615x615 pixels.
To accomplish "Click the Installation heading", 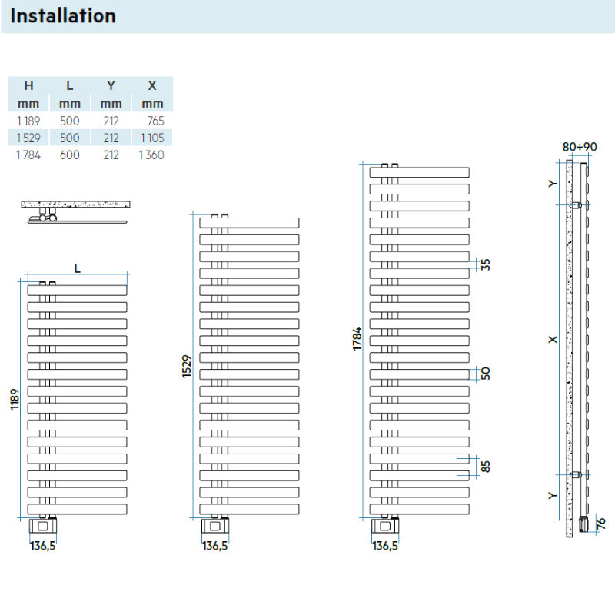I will (64, 15).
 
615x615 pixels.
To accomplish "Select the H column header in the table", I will (28, 85).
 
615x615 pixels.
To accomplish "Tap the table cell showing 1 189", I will (28, 121).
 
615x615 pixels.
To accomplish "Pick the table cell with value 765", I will (153, 121).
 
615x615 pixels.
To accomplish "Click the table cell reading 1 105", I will (151, 138).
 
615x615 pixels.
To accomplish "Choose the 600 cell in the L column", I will (70, 155).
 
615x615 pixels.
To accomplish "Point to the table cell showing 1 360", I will (151, 155).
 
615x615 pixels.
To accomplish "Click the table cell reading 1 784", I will (28, 155).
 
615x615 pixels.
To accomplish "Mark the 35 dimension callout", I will (485, 264).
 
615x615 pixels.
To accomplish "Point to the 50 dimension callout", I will (485, 374).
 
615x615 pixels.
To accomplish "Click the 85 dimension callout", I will (485, 466).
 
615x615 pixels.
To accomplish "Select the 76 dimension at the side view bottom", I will (601, 523).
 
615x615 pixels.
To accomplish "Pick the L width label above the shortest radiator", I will (78, 267).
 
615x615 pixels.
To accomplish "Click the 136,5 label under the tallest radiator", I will (384, 546).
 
